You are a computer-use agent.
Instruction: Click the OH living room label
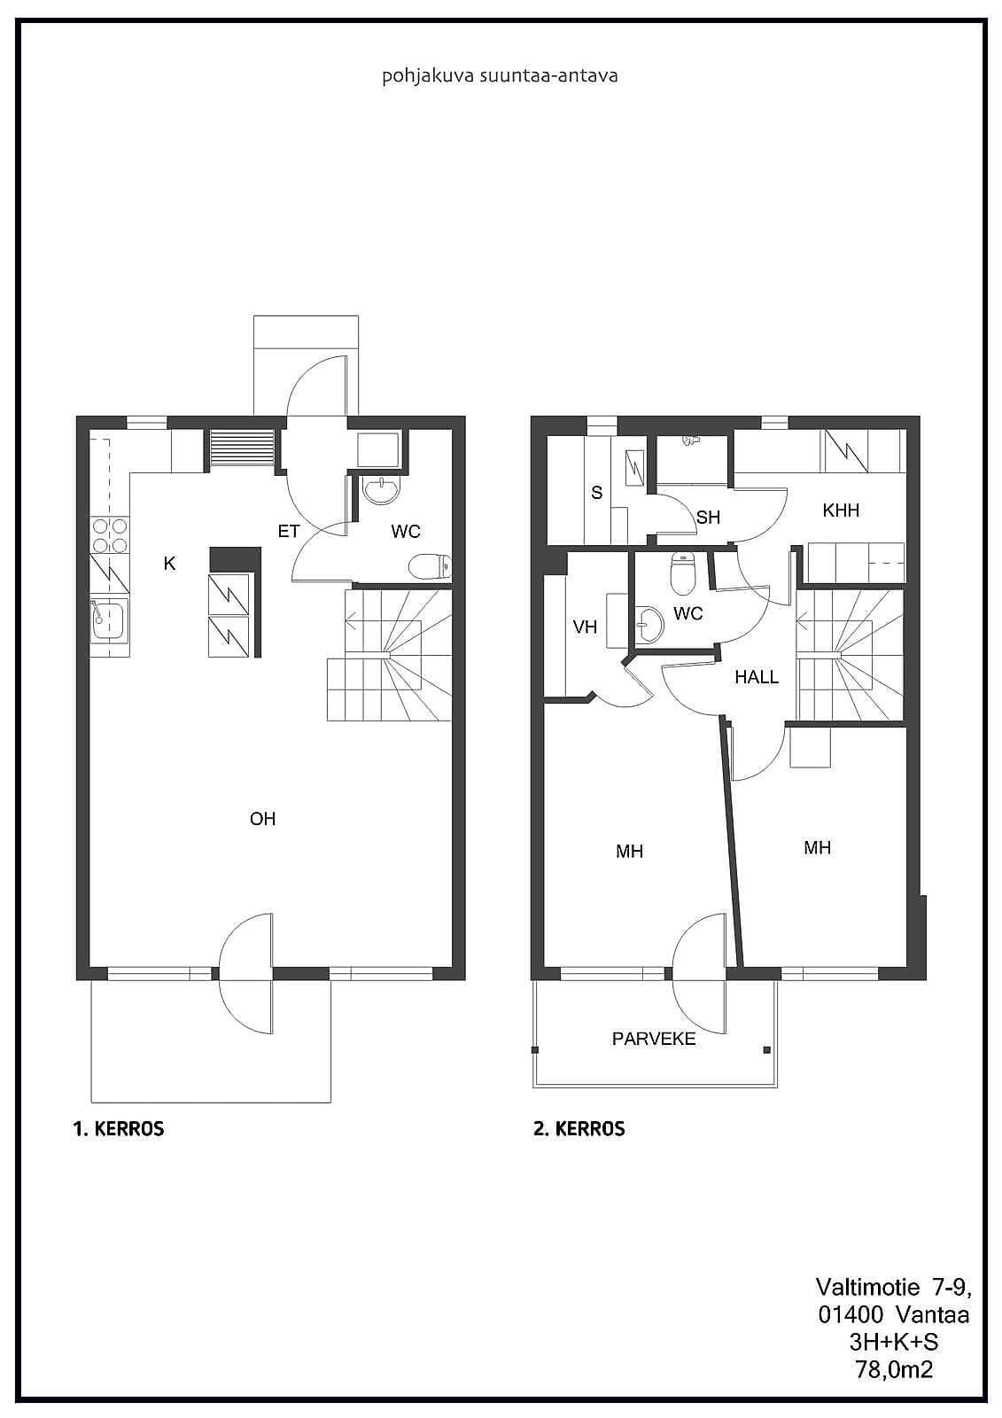(x=263, y=819)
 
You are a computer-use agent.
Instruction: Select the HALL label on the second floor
(x=757, y=677)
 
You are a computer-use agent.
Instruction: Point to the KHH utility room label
(x=841, y=510)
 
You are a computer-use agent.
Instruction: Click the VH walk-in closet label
(x=585, y=627)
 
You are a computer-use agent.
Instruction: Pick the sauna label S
(x=597, y=493)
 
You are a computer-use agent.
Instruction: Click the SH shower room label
(x=708, y=518)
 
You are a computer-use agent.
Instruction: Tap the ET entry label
(x=289, y=531)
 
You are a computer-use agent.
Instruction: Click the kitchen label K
(x=169, y=564)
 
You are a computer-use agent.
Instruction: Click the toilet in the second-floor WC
(x=683, y=573)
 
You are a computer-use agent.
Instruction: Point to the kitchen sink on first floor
(x=109, y=620)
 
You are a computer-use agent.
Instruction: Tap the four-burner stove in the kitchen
(x=110, y=535)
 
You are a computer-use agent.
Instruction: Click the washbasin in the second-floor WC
(x=649, y=625)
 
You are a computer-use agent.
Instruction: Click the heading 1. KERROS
(x=119, y=1129)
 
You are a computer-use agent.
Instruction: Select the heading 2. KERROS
(x=579, y=1129)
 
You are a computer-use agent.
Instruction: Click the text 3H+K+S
(x=894, y=1342)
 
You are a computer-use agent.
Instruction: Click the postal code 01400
(x=851, y=1315)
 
